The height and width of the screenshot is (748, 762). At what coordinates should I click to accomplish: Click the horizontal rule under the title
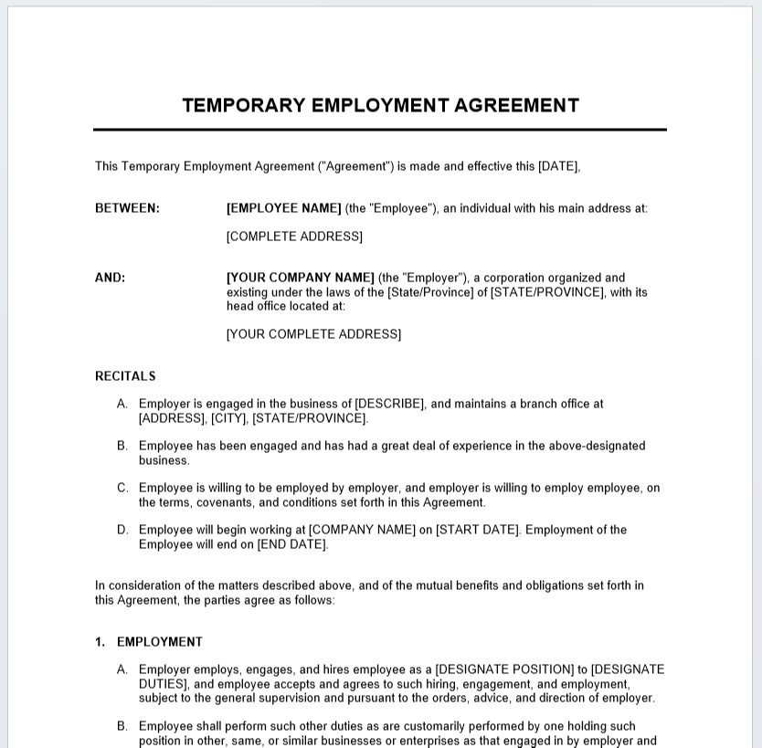[379, 130]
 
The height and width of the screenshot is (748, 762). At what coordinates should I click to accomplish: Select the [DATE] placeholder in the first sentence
[558, 166]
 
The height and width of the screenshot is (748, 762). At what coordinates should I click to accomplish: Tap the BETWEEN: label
[127, 208]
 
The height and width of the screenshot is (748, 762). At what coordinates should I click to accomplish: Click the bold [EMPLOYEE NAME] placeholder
[284, 208]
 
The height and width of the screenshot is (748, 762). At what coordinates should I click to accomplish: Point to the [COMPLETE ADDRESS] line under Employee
[294, 237]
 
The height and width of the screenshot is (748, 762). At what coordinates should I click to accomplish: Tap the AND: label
[110, 278]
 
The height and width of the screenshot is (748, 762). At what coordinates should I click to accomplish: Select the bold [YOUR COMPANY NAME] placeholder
[301, 278]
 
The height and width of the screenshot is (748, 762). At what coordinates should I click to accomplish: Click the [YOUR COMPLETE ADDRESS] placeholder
[313, 334]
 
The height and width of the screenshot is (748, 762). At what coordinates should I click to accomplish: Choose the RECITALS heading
[125, 376]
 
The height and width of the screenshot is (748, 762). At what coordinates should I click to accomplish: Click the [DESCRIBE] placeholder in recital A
[389, 404]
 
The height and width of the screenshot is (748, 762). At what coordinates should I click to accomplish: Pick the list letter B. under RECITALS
[122, 446]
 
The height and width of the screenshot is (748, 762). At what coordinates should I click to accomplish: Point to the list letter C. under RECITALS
[122, 488]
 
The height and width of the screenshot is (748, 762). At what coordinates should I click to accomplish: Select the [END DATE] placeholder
[291, 544]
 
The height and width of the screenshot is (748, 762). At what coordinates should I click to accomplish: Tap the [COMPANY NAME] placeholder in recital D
[362, 530]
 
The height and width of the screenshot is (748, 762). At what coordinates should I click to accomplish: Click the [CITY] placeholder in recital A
[228, 418]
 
